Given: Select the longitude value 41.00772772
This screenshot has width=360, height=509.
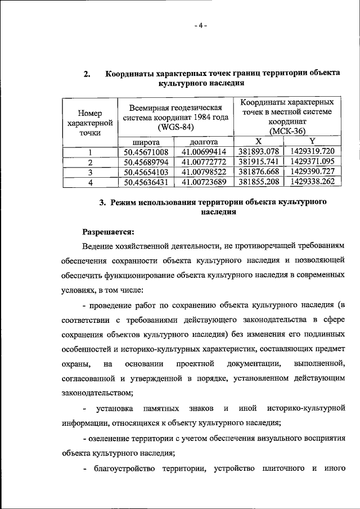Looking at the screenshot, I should pyautogui.click(x=204, y=162).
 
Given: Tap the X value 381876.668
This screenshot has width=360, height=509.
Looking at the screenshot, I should pyautogui.click(x=259, y=172).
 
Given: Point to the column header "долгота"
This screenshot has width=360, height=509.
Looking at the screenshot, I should pyautogui.click(x=204, y=142).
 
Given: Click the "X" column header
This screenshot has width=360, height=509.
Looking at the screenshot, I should pyautogui.click(x=258, y=141).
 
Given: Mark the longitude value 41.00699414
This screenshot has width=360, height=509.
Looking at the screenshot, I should pyautogui.click(x=204, y=152).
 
